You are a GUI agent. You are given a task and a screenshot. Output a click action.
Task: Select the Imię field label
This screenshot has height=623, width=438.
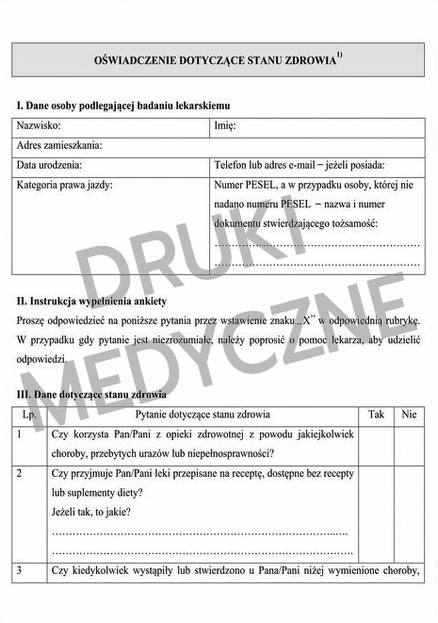click(x=225, y=125)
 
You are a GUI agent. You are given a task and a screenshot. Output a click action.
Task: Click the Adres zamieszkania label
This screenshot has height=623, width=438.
click(x=59, y=145)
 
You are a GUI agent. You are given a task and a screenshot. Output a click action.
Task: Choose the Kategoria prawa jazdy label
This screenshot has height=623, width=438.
click(x=64, y=185)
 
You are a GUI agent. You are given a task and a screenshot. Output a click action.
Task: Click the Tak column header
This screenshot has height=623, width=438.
click(x=377, y=414)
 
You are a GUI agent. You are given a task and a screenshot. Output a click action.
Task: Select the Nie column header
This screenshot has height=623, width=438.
click(x=409, y=414)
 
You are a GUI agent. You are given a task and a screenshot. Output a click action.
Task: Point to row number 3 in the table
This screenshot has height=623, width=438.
click(x=20, y=570)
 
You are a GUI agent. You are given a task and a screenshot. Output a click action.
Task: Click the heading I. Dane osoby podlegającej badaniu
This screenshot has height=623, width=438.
click(x=123, y=106)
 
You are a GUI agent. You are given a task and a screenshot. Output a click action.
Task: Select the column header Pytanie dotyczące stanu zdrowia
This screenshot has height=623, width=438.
click(x=203, y=414)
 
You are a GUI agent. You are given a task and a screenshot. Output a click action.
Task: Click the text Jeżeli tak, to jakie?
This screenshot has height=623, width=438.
click(x=91, y=512)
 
